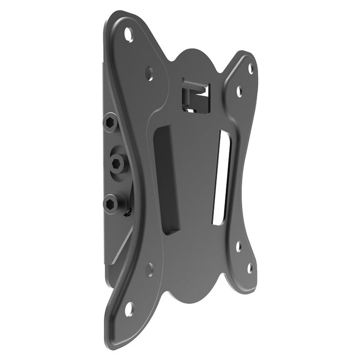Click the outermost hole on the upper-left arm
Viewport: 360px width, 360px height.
pyautogui.click(x=128, y=35)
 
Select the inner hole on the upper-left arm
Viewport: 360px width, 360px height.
pyautogui.click(x=149, y=73)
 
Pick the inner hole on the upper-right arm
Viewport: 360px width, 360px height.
pyautogui.click(x=239, y=92)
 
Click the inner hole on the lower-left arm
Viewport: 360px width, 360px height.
pyautogui.click(x=149, y=268)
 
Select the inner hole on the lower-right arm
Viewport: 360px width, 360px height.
pyautogui.click(x=238, y=246)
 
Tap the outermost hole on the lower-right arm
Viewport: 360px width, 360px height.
pyautogui.click(x=249, y=268)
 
